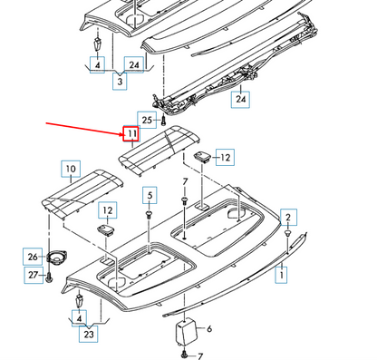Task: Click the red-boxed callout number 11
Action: tap(131, 135)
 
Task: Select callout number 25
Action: tap(146, 119)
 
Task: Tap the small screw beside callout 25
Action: tap(163, 120)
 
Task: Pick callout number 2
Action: tap(287, 217)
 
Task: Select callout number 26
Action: tap(32, 258)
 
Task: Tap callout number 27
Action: tap(32, 275)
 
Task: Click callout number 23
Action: tap(89, 336)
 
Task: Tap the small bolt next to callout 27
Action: tap(45, 275)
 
